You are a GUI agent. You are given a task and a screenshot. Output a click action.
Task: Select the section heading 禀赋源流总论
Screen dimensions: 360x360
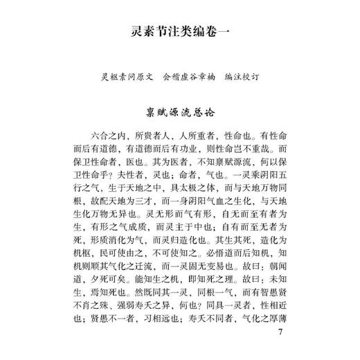179,111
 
